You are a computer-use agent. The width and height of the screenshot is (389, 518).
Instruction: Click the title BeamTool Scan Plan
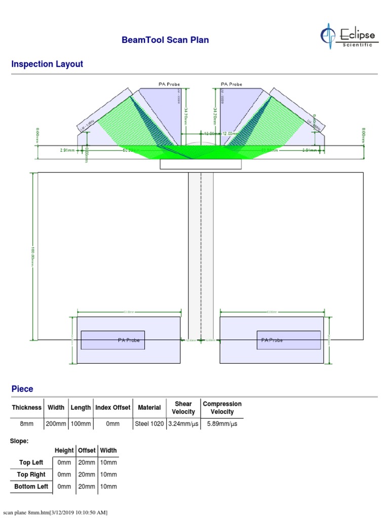pos(165,40)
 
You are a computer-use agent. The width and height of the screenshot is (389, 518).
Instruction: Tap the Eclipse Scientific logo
pos(348,35)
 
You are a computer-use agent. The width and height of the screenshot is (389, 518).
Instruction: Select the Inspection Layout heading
pos(47,64)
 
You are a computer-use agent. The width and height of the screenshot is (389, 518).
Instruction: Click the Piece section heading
pos(22,389)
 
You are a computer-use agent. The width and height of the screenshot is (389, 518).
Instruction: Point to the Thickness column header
pos(27,407)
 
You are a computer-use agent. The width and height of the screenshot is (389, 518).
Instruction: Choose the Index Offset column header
pos(112,407)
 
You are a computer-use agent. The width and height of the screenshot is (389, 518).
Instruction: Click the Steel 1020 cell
pos(149,424)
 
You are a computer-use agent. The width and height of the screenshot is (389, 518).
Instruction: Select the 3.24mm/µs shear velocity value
pos(183,424)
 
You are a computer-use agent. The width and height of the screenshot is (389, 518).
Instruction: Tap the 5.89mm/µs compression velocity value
pos(222,424)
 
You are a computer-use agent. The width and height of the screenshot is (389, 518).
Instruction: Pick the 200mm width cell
pos(56,424)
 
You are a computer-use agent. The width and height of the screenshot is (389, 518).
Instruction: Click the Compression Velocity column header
pos(222,408)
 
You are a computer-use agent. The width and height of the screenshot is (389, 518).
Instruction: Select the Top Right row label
pos(31,474)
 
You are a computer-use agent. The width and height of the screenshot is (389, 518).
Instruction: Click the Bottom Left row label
pos(31,487)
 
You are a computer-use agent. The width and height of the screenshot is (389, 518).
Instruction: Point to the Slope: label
pos(19,441)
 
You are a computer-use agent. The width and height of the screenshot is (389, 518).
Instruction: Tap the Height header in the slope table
pos(64,450)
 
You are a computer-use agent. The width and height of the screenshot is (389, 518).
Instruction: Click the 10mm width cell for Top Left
pos(108,462)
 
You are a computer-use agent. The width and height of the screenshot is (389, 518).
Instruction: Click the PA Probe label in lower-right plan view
pos(272,340)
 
